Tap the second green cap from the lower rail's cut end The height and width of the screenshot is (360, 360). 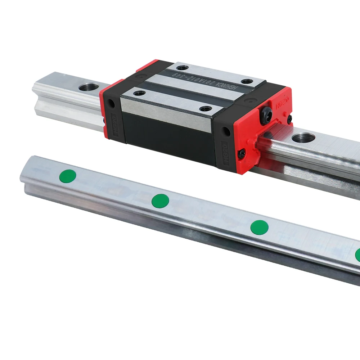pos(161,200)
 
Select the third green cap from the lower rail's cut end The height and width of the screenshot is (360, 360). pos(259,227)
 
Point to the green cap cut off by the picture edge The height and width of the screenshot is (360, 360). pos(358,255)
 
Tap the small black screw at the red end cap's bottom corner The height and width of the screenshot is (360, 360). pos(241,153)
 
